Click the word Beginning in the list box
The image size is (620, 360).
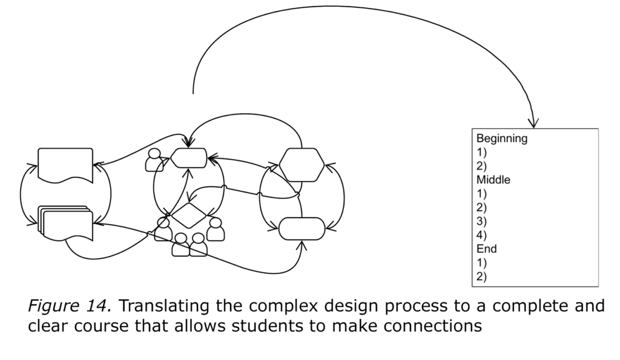point(501,139)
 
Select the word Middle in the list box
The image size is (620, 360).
point(493,180)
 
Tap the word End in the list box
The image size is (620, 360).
point(486,249)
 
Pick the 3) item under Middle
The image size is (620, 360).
point(481,221)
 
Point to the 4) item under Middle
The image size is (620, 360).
point(481,235)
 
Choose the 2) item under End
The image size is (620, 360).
point(481,277)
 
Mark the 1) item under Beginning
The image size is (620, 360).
point(481,152)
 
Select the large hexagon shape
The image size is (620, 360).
point(302,164)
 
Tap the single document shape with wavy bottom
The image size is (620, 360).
point(65,164)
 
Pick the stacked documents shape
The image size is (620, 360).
point(65,223)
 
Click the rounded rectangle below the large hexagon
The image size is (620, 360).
point(302,228)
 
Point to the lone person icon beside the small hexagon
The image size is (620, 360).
point(155,160)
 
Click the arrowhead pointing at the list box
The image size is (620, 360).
point(533,123)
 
